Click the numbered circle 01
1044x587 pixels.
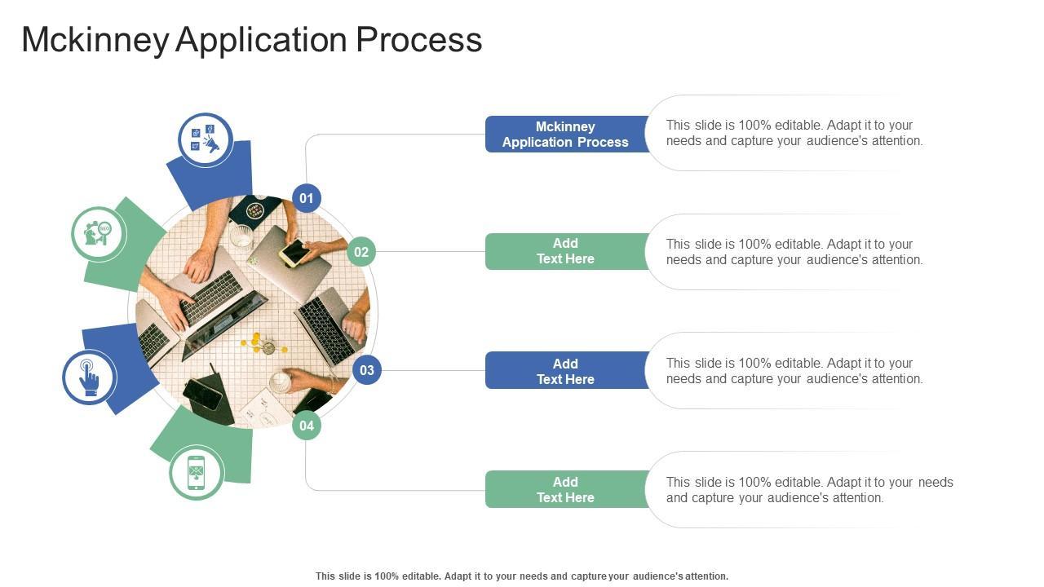pos(307,198)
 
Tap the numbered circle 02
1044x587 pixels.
pos(361,252)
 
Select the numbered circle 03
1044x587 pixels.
pos(367,370)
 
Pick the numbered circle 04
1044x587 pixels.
pos(307,425)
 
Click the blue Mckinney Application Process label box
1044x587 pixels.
pos(565,135)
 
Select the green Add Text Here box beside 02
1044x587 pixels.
pos(565,251)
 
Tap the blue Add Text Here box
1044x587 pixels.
pos(565,371)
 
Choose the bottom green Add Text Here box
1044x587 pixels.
pos(565,489)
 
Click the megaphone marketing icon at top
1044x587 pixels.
pos(206,140)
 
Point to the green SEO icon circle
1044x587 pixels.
pos(99,234)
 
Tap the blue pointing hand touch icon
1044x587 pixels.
pos(90,377)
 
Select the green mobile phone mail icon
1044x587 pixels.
pos(197,473)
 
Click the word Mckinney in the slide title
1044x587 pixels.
pos(95,40)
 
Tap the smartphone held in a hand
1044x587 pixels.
pos(294,254)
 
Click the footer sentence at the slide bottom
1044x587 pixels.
pos(522,576)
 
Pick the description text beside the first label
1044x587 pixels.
pos(794,133)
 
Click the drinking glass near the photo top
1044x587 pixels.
pos(241,236)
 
